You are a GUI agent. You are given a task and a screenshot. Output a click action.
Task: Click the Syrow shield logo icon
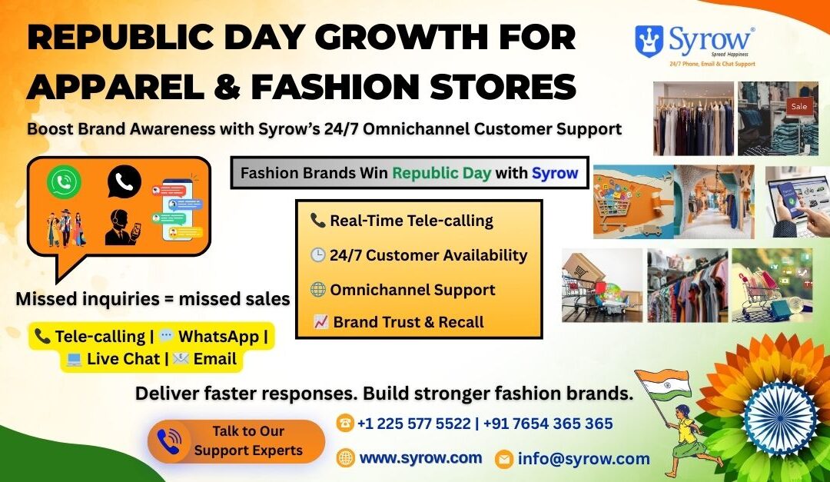[649, 41]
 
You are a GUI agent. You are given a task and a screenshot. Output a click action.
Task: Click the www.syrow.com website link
[420, 457]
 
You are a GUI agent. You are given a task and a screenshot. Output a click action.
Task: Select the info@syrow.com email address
[583, 459]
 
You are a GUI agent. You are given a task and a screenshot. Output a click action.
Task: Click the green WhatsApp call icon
[63, 182]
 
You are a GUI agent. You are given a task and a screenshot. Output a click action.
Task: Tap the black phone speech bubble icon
[124, 181]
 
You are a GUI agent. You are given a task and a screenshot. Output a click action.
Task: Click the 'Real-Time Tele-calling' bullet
[410, 221]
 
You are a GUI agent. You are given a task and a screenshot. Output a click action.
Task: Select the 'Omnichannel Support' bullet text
[413, 290]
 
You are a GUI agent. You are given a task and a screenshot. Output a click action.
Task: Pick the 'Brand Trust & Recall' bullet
[408, 322]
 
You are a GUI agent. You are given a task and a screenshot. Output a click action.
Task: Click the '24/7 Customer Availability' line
[428, 255]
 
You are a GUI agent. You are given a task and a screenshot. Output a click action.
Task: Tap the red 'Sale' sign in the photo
[798, 106]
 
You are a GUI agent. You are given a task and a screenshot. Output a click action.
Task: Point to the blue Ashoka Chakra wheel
[779, 417]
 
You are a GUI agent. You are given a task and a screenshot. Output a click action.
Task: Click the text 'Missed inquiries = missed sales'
[152, 299]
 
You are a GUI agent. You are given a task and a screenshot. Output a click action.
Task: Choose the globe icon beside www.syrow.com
[346, 458]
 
